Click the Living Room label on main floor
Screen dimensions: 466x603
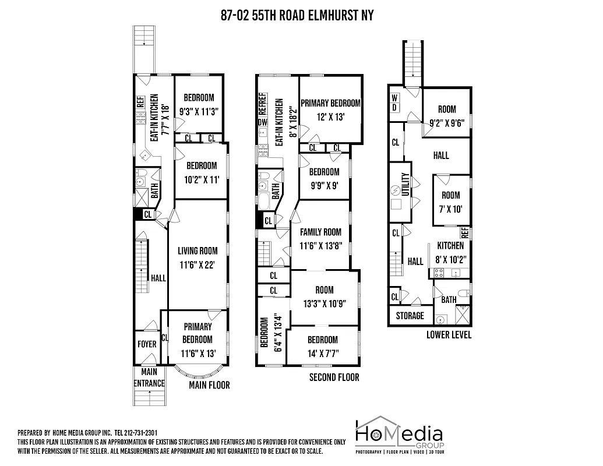click(x=198, y=251)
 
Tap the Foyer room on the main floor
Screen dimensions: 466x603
click(x=147, y=344)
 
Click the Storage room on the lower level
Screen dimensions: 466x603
click(x=410, y=316)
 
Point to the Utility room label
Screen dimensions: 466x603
click(x=407, y=186)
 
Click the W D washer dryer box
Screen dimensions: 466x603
click(x=395, y=103)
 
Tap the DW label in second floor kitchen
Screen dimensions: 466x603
click(x=262, y=122)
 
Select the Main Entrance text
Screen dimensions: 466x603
click(x=149, y=378)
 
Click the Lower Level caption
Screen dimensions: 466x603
click(x=449, y=335)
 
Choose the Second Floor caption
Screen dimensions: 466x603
click(x=334, y=377)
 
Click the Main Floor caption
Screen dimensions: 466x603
click(x=209, y=385)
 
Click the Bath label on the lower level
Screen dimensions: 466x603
click(x=449, y=300)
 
